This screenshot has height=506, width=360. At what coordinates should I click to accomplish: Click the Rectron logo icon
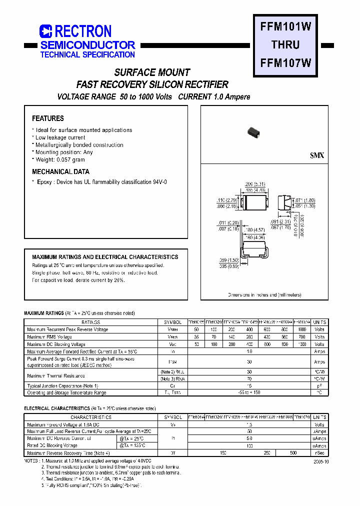45,31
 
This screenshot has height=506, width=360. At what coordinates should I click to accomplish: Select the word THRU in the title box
285,45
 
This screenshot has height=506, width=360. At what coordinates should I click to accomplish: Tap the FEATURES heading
48,118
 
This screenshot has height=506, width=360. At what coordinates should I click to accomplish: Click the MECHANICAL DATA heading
60,171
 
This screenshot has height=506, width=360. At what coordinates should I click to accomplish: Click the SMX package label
317,155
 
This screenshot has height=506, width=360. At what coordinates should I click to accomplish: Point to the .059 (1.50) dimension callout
229,260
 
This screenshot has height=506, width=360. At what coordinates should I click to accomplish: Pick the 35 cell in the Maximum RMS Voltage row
196,337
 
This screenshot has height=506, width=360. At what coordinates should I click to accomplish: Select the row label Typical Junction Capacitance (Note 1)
62,386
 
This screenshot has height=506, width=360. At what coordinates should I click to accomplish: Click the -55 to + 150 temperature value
249,392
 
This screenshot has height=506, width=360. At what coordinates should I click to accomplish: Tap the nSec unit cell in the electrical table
319,452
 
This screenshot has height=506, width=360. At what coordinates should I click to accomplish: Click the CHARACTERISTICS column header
90,417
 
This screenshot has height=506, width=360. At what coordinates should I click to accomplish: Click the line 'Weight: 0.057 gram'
60,159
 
